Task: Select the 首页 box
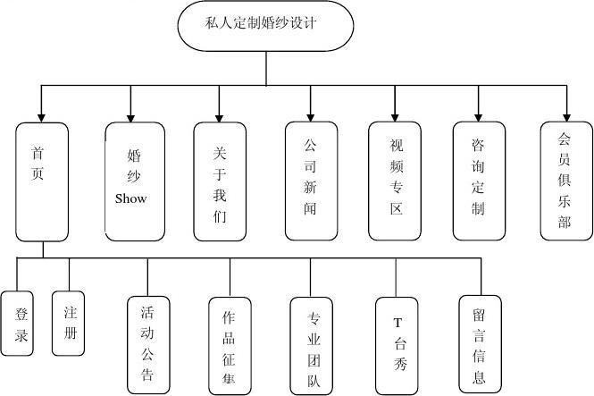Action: tap(42, 181)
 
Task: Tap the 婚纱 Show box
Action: tap(135, 181)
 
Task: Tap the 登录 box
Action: tap(21, 324)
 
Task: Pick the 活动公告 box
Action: tap(147, 343)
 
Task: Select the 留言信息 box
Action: tap(481, 343)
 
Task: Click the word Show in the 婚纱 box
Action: tap(130, 198)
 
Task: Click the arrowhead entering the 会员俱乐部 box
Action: tap(565, 115)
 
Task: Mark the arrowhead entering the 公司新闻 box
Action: tap(311, 115)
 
